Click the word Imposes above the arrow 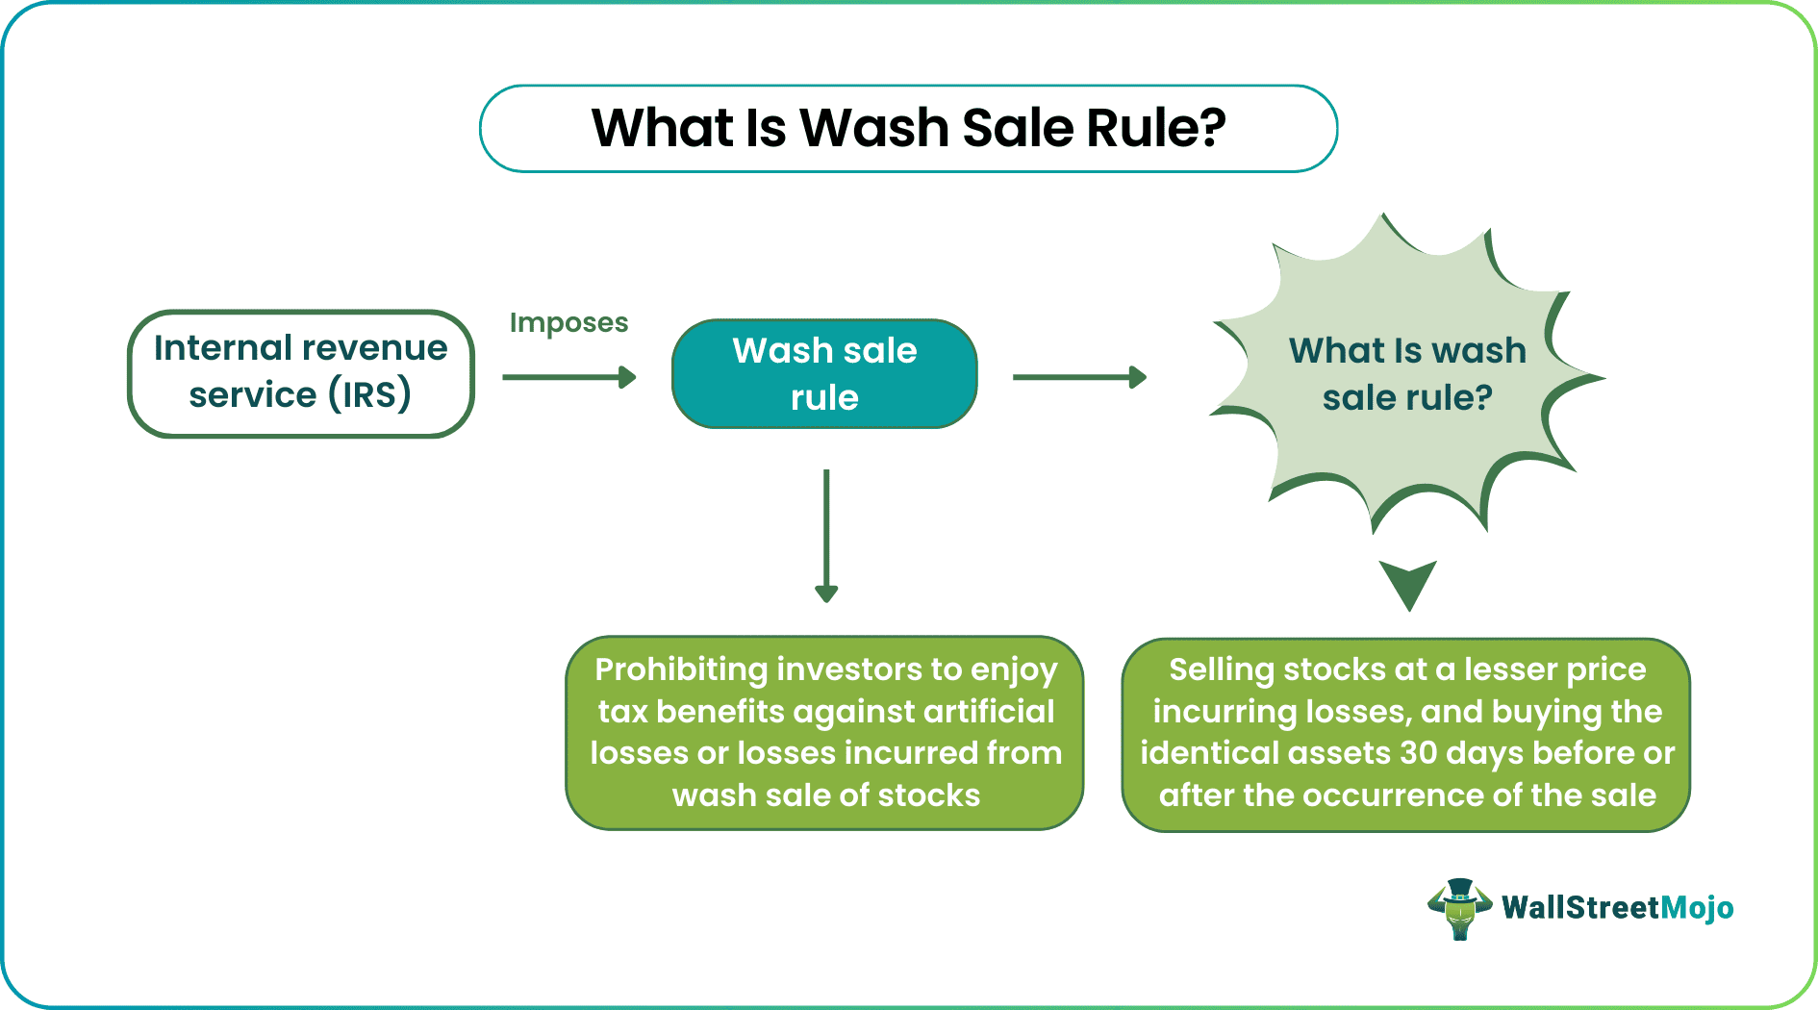tap(568, 323)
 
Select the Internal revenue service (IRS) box tap(300, 373)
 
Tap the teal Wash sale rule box tap(824, 373)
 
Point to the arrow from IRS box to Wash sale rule tap(568, 377)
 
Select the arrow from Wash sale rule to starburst tap(1078, 377)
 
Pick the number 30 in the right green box tap(1419, 753)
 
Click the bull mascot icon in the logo tap(1459, 908)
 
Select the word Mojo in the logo tap(1698, 908)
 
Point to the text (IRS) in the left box tap(370, 395)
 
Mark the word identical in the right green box tap(1201, 753)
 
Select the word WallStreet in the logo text tap(1580, 908)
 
